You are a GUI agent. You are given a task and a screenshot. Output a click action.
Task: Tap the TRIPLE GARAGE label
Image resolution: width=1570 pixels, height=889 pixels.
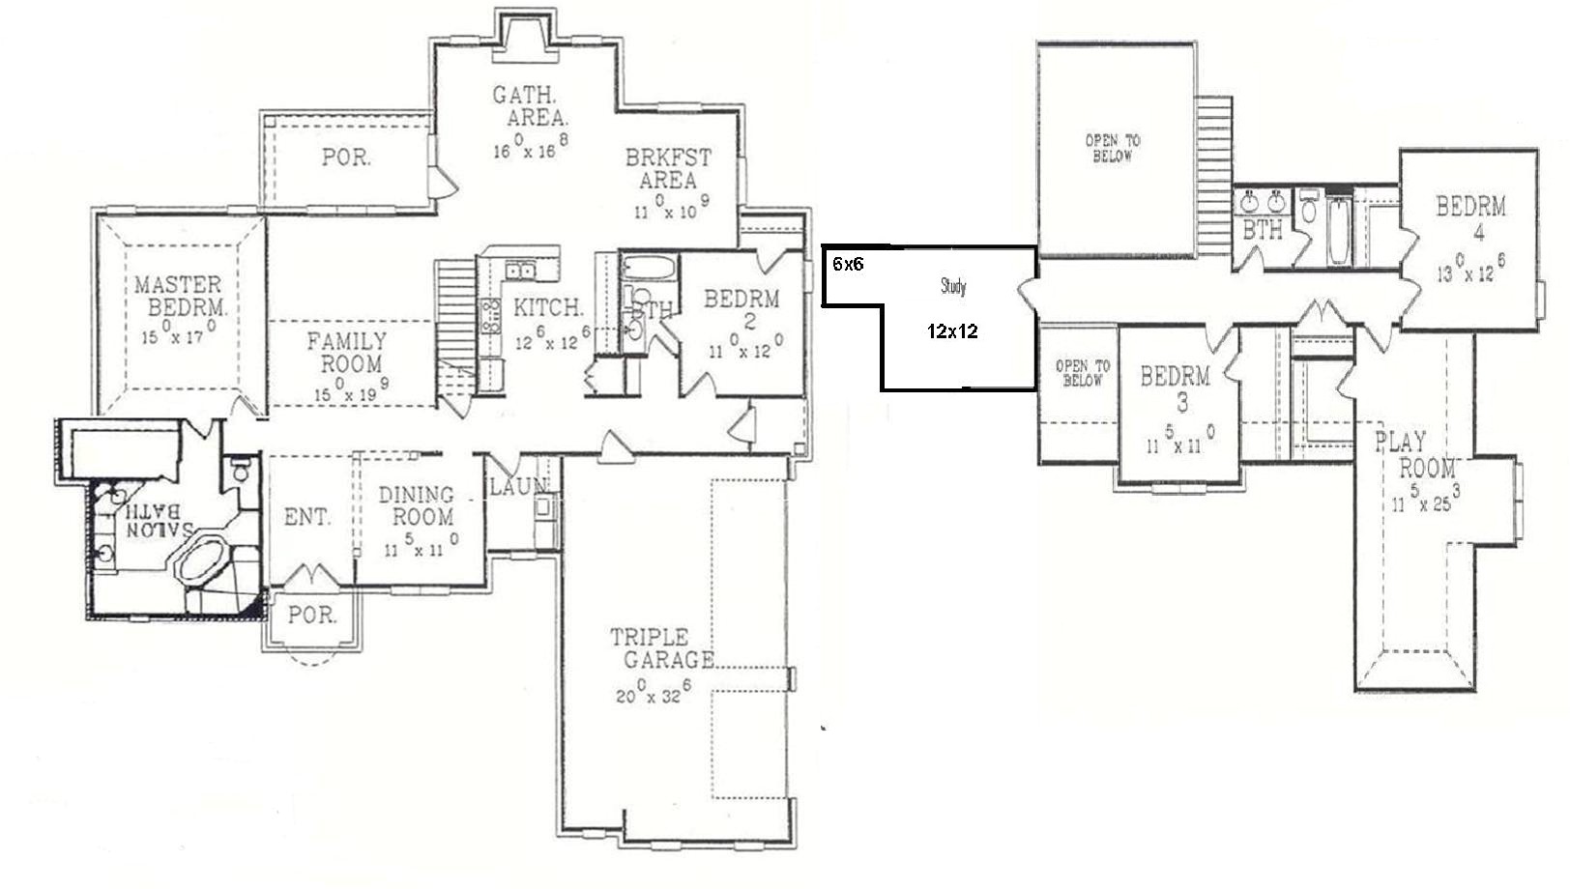click(662, 648)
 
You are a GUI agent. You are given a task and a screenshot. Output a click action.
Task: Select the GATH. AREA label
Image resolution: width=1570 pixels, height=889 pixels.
click(529, 106)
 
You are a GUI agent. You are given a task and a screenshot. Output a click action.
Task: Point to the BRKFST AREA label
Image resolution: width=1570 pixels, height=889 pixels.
click(668, 168)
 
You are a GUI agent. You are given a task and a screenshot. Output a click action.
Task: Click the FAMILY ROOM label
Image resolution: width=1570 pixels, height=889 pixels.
click(348, 352)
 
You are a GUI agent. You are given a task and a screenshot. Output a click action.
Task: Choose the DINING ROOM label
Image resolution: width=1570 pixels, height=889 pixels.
click(417, 505)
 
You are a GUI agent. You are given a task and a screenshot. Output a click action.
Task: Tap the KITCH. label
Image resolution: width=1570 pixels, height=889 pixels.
click(547, 308)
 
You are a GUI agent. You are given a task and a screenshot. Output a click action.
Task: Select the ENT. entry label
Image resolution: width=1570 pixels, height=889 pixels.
click(307, 518)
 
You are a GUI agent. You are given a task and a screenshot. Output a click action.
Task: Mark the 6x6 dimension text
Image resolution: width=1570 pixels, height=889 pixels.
click(848, 264)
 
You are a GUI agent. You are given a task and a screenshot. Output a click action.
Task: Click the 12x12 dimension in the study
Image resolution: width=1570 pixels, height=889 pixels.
click(952, 331)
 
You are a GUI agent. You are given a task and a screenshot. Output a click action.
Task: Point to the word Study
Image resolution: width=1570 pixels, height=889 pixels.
click(953, 286)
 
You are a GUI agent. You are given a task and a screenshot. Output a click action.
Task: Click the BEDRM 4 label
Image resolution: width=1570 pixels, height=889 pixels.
click(1470, 218)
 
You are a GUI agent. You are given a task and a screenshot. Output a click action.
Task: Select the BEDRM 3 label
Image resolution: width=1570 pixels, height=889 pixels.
click(1175, 387)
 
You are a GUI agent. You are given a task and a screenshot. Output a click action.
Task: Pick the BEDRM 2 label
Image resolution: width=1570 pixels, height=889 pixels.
click(741, 309)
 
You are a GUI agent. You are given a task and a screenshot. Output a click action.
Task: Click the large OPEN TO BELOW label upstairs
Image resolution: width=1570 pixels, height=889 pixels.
click(1112, 148)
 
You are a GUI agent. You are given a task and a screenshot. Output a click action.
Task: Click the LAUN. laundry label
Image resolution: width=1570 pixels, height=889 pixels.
click(518, 487)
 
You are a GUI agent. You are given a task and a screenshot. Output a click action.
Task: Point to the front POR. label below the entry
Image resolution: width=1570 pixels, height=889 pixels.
click(312, 615)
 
